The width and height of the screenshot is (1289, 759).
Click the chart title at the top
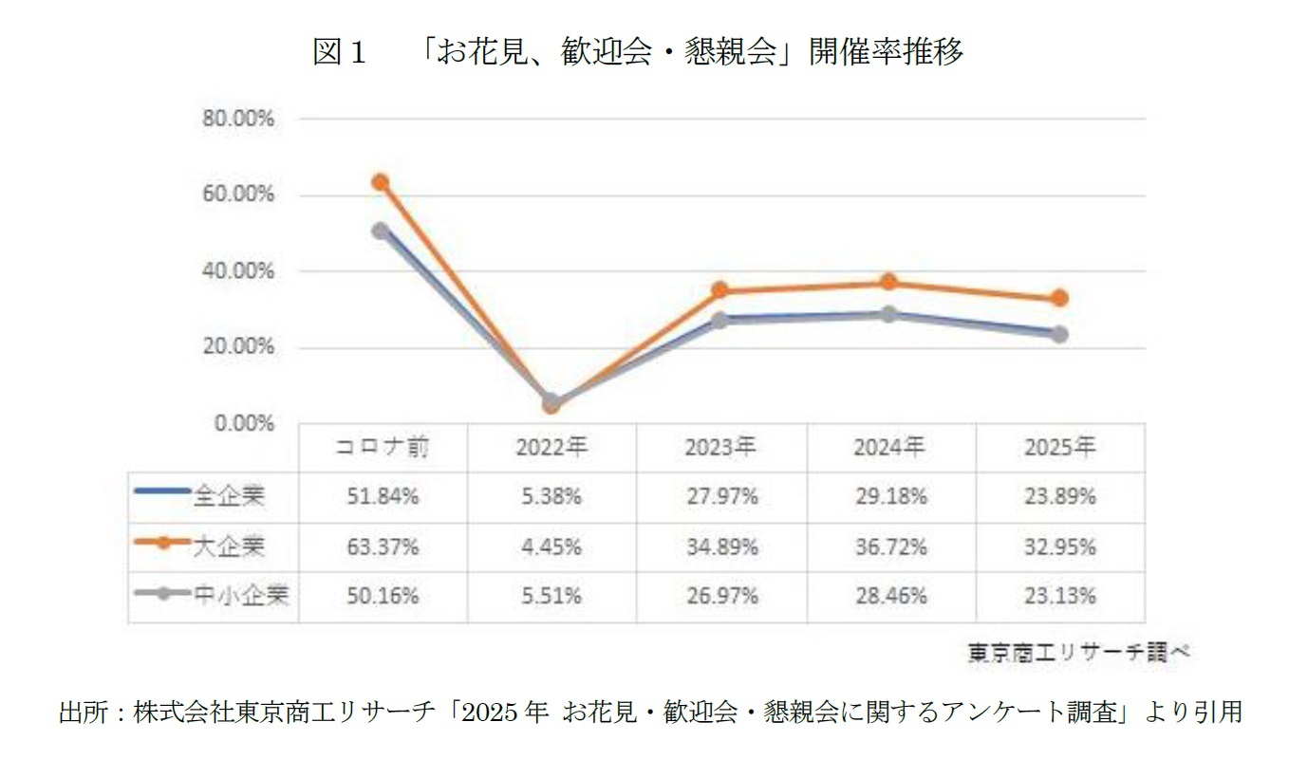coord(638,52)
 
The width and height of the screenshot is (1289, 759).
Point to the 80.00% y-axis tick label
coord(237,120)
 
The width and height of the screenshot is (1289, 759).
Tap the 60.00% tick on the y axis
coord(237,195)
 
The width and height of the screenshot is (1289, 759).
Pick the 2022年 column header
coord(551,448)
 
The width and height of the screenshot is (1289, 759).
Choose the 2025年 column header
coord(1060,448)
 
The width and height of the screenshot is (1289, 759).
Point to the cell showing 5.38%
coord(551,496)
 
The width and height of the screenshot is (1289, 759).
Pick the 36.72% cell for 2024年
coord(890,546)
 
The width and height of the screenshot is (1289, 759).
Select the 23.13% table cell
coord(1060,596)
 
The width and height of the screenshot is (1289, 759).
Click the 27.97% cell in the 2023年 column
coord(721,496)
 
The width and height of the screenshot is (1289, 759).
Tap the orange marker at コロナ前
coord(381,182)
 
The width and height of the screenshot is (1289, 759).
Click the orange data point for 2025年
coord(1060,298)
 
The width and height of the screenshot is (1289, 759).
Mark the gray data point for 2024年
coord(889,314)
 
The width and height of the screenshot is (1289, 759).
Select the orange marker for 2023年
coord(720,290)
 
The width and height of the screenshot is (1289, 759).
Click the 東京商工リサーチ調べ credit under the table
coord(1078,653)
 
